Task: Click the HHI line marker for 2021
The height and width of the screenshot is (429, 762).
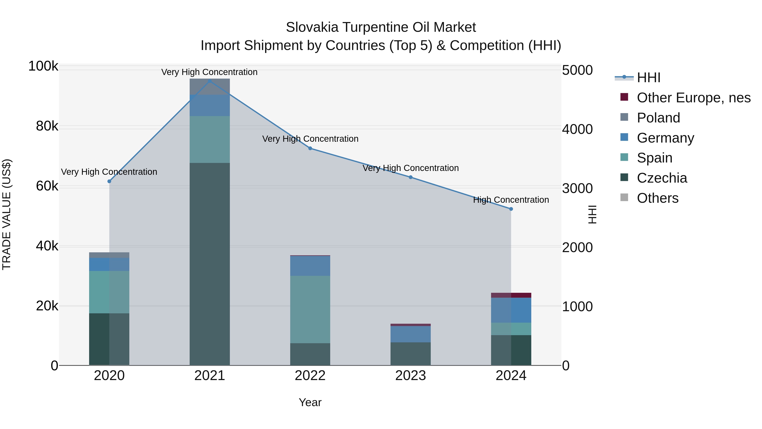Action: (x=210, y=81)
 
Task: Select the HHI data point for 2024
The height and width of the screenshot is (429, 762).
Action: (x=511, y=209)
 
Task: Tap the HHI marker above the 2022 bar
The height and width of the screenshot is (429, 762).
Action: (x=310, y=148)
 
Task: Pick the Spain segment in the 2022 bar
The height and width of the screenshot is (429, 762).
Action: (x=310, y=309)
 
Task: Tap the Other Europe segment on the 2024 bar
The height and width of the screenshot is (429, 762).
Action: (x=511, y=295)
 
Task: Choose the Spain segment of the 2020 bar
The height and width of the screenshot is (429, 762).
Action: (x=109, y=292)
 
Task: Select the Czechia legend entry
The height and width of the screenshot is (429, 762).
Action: (x=662, y=178)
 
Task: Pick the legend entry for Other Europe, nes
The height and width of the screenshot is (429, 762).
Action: (x=694, y=98)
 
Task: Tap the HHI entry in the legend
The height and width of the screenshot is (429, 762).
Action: (x=648, y=78)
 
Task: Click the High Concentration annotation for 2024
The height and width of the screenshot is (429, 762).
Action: (x=511, y=200)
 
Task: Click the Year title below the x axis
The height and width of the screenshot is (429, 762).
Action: (x=310, y=402)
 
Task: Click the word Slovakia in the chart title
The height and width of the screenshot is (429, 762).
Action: (x=312, y=28)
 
